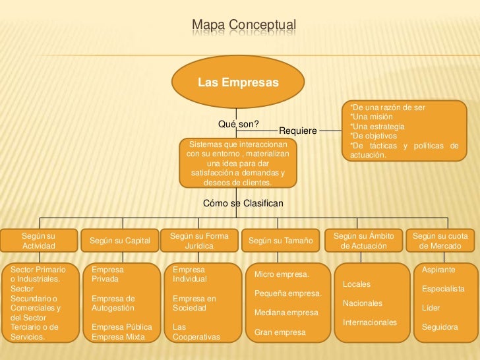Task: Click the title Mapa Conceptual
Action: point(244,26)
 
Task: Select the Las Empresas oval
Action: point(238,83)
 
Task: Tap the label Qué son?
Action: point(238,124)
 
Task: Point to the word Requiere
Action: point(298,131)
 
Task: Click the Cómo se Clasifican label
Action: point(243,204)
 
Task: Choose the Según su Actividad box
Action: point(39,241)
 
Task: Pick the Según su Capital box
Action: point(119,241)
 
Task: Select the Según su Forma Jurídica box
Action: point(199,241)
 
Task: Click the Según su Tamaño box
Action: point(280,241)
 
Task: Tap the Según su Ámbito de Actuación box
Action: point(364,241)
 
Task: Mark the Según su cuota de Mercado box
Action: point(440,241)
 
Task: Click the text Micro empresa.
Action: point(282,274)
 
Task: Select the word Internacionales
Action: point(370,322)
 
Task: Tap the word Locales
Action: point(357,284)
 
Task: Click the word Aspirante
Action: point(438,270)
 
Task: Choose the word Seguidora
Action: point(440,327)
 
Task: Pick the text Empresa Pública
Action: point(122,327)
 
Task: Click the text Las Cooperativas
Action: point(196,332)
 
